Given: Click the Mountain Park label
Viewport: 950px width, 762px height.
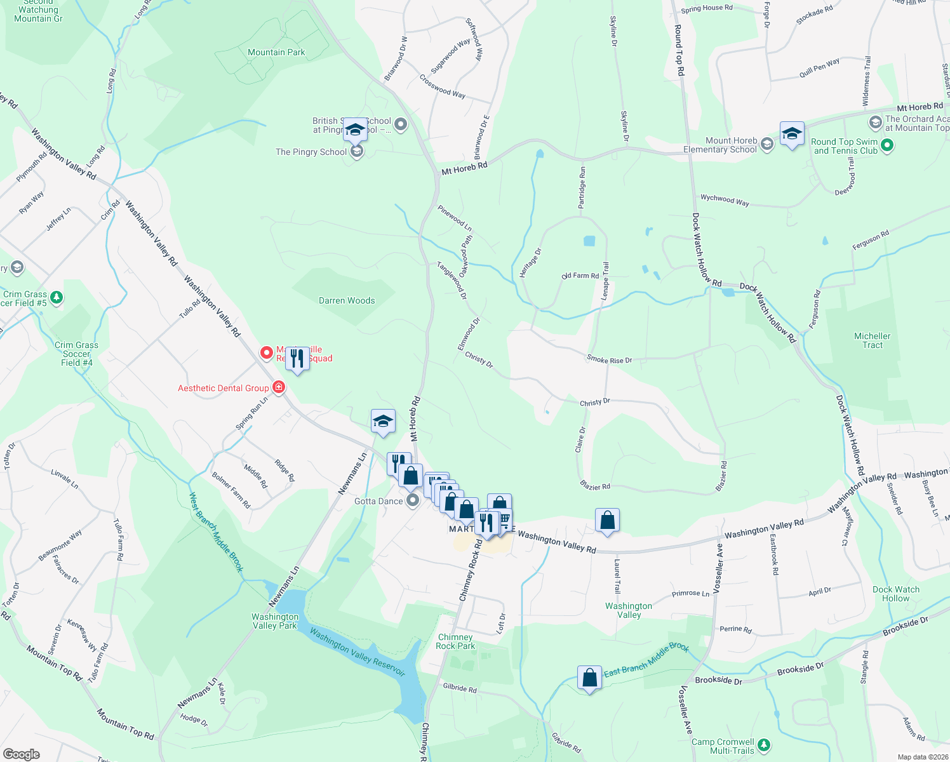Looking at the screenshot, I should [276, 53].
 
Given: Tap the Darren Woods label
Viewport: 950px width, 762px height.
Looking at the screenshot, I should [347, 301].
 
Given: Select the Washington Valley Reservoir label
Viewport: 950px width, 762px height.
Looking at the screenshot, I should [357, 652].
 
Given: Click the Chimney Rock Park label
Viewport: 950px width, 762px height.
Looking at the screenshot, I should [455, 641].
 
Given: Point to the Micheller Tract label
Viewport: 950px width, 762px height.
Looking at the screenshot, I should [872, 340].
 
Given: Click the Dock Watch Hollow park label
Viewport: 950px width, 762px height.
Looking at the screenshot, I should [895, 594].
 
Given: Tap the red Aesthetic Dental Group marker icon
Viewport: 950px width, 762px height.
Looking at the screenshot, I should [278, 387].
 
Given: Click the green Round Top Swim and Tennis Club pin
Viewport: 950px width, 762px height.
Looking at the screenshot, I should [888, 146].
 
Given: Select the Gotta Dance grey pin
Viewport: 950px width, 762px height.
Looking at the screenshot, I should [413, 501].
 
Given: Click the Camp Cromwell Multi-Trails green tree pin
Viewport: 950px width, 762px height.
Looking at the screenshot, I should [764, 744].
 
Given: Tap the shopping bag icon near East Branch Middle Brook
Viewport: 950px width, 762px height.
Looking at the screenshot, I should [589, 678].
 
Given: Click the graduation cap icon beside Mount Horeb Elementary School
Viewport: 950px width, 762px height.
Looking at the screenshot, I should [791, 134].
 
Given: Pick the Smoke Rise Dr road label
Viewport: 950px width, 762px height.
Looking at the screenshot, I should [609, 360].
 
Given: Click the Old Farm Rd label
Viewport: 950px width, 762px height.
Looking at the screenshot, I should [580, 276].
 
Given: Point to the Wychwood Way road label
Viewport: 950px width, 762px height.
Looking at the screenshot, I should [725, 200].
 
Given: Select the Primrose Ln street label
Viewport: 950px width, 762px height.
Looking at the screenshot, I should [690, 594].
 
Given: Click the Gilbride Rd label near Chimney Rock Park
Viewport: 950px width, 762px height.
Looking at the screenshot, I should [460, 688].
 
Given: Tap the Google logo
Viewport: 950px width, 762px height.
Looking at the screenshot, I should [22, 754].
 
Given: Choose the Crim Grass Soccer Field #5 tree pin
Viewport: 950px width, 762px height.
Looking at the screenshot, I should [57, 297].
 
